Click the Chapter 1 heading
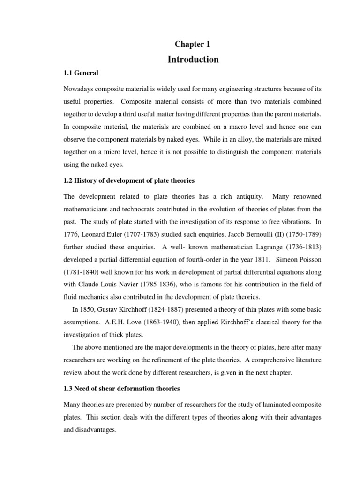pyautogui.click(x=193, y=44)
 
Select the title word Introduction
pyautogui.click(x=193, y=60)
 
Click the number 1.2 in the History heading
pyautogui.click(x=68, y=180)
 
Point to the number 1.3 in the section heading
pyautogui.click(x=68, y=389)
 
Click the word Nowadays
pyautogui.click(x=79, y=89)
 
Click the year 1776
pyautogui.click(x=71, y=234)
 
